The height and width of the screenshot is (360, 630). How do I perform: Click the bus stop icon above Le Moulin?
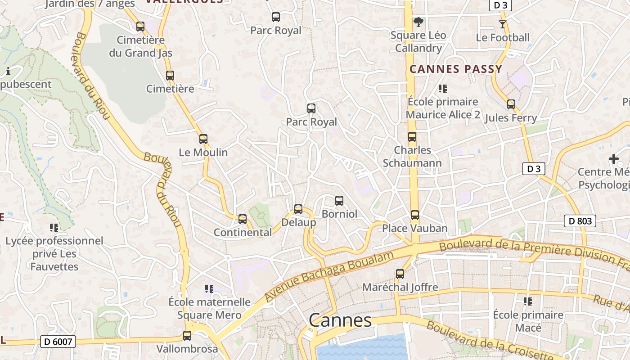pos(203,139)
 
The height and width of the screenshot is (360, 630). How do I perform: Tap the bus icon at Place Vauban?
pos(415,215)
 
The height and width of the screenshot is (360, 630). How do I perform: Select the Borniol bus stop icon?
pos(339,201)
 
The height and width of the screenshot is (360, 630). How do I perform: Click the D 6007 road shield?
pos(58,342)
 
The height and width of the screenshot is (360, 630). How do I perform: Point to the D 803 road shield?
pos(580,221)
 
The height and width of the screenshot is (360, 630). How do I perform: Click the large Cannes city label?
pos(340,320)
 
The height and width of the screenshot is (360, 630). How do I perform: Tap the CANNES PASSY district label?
pos(455,69)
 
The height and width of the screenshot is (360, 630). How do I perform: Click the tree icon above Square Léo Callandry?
pos(418,22)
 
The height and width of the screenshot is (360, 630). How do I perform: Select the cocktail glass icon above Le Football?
pos(503,24)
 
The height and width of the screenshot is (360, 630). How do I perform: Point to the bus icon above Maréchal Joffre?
pos(400,274)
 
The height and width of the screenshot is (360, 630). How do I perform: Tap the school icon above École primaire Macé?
pos(528,301)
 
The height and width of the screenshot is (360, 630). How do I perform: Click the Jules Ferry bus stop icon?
pos(511,104)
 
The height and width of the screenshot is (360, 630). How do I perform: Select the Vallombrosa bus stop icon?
pos(187,336)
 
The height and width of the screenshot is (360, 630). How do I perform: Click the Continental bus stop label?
pos(243,233)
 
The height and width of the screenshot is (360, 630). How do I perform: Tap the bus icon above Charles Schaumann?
pos(412,137)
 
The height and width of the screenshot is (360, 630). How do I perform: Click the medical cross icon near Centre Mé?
pos(613,159)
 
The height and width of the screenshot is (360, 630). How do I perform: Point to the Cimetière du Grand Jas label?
pos(140,46)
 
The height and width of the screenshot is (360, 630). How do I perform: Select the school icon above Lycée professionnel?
pos(54,228)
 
